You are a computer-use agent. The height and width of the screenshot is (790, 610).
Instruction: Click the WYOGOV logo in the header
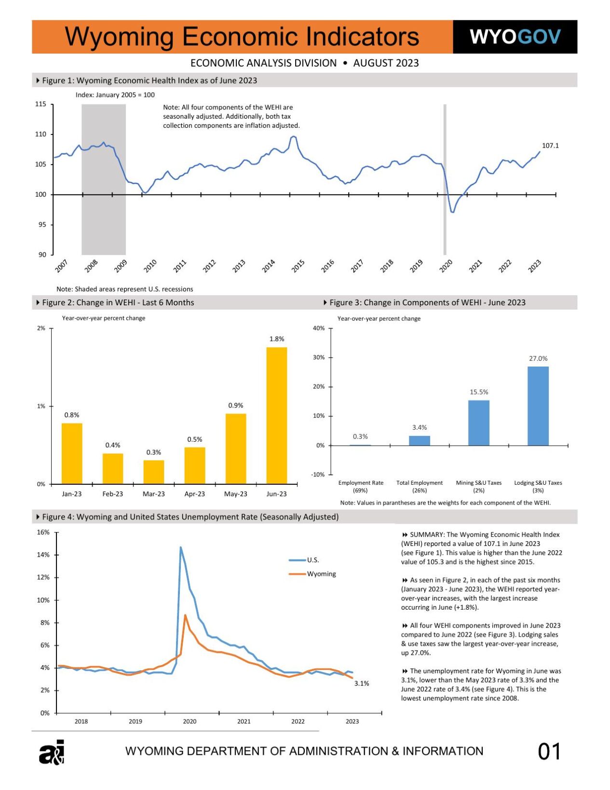point(515,37)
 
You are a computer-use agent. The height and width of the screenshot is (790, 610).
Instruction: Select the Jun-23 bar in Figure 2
point(276,415)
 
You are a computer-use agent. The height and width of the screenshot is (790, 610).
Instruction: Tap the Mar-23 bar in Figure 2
point(153,472)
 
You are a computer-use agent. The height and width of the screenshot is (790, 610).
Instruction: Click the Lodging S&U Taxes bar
point(538,406)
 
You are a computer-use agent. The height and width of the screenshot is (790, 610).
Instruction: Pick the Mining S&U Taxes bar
point(478,422)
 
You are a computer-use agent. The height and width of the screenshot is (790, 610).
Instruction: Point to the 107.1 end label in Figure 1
point(550,146)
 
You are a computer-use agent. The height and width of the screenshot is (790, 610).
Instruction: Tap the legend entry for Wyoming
point(321,574)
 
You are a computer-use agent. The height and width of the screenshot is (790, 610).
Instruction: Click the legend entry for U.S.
point(313,560)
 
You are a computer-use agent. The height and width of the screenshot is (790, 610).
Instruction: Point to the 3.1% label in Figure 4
point(361,683)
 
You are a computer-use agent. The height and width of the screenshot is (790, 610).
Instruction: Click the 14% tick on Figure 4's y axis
point(43,555)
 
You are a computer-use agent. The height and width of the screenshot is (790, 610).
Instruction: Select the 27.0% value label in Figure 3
point(538,358)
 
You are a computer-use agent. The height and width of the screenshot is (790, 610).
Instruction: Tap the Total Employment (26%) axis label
point(419,486)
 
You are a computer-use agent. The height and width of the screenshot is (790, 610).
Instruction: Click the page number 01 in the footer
point(549,751)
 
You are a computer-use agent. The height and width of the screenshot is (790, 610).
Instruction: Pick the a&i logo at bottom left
point(52,752)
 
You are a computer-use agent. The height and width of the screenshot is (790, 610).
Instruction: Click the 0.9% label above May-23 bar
point(235,406)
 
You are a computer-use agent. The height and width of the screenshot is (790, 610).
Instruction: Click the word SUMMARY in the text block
point(426,534)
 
